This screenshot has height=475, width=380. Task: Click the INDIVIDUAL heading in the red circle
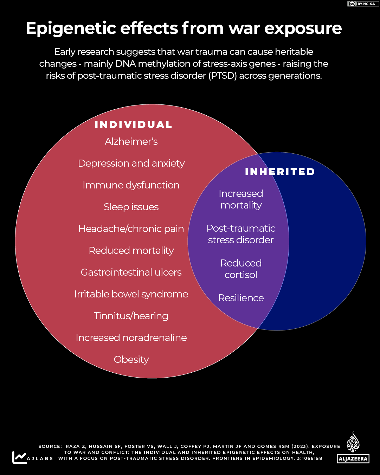[133, 124]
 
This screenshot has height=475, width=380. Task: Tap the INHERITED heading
[280, 172]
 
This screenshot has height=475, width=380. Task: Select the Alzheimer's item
[131, 141]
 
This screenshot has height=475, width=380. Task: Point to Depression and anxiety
[131, 163]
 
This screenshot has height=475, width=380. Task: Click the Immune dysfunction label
[131, 185]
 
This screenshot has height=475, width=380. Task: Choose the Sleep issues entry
[131, 207]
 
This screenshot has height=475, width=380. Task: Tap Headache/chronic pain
[131, 229]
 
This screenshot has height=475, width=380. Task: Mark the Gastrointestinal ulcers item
[131, 272]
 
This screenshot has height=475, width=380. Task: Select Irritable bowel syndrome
[131, 294]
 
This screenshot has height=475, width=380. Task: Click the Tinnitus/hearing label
[131, 316]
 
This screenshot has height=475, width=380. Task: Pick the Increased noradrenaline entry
[131, 338]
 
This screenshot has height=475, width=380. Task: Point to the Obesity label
[131, 360]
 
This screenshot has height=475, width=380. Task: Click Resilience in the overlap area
[241, 298]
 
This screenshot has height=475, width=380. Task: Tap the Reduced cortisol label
[241, 269]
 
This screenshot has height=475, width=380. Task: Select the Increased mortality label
[241, 200]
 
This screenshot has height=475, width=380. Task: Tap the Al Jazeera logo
[353, 448]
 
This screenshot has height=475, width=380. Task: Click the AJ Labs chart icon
[19, 457]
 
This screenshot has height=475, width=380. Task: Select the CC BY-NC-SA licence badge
[363, 4]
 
